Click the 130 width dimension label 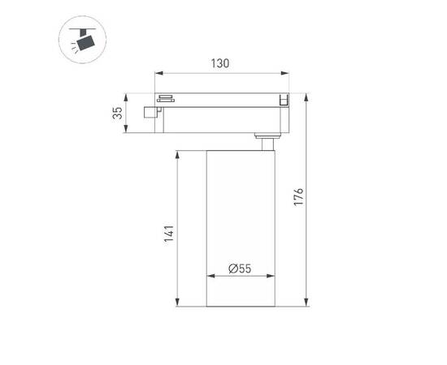(x=221, y=63)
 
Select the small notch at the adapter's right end (x=283, y=100)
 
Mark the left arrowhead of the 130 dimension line (x=158, y=72)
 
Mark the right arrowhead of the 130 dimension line (x=289, y=72)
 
